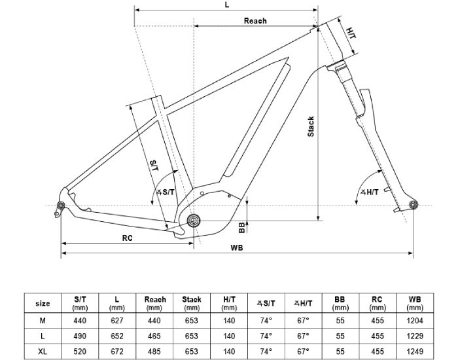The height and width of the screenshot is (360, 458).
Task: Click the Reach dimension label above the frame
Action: [x=255, y=21]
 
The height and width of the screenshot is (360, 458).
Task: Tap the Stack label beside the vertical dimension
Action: [x=311, y=126]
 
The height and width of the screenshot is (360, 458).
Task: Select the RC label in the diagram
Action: [x=128, y=238]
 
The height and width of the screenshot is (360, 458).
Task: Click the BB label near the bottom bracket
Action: [x=241, y=227]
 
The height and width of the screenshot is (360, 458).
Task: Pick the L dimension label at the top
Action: [x=226, y=5]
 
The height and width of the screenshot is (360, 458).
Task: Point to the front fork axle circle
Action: [x=413, y=206]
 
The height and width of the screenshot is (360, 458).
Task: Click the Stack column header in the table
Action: [x=192, y=303]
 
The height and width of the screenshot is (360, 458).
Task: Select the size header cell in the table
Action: [x=43, y=304]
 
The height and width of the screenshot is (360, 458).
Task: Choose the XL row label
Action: [x=43, y=351]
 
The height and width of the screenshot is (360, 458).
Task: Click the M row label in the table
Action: [x=43, y=320]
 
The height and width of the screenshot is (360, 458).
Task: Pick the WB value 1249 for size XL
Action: [x=414, y=351]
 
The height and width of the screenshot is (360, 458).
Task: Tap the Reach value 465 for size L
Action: [x=154, y=336]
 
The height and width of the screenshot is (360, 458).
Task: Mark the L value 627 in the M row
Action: [x=117, y=320]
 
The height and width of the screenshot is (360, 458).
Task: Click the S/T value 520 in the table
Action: [x=80, y=351]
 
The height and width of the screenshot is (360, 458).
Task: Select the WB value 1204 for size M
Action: [x=414, y=320]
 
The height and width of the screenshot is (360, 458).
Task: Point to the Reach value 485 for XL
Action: [x=154, y=351]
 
